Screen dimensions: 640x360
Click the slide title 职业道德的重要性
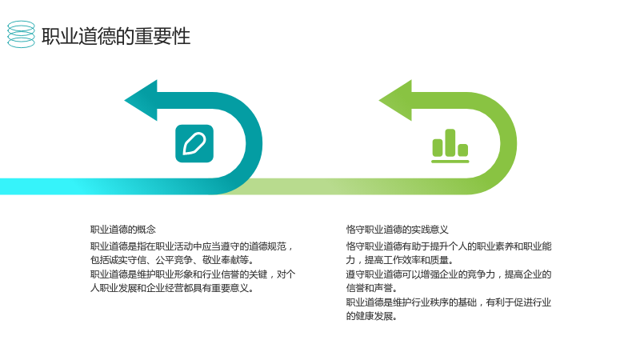point(116,36)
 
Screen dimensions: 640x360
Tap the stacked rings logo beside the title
point(22,34)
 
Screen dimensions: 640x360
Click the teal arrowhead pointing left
point(142,101)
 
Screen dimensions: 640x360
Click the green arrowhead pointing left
point(396,101)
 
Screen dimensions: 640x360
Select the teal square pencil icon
point(194,144)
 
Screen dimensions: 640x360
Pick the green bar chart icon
point(450,146)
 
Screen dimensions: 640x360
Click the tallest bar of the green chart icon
point(450,143)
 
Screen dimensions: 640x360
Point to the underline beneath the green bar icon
point(450,162)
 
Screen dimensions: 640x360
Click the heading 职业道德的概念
point(123,230)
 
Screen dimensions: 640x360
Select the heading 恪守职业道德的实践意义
point(397,230)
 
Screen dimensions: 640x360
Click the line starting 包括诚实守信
point(172,260)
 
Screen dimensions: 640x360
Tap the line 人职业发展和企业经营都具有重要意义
point(172,288)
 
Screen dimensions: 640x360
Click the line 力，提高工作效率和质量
point(399,260)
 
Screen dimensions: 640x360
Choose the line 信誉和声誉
point(372,288)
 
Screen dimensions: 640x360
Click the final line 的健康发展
point(372,316)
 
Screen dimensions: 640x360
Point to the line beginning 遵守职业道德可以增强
point(449,274)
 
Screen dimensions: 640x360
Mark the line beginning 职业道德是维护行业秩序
point(449,302)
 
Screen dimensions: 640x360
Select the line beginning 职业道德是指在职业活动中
point(192,246)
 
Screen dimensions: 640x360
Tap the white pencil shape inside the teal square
point(194,144)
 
